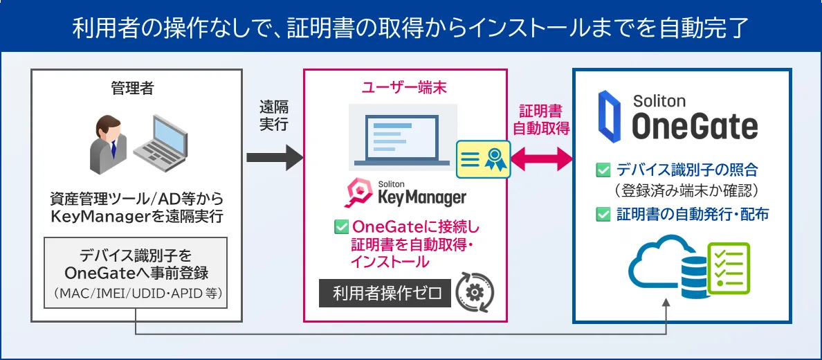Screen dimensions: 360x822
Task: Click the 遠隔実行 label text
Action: [274, 116]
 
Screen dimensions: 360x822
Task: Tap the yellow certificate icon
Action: [482, 159]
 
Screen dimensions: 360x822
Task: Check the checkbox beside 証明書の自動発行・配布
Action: [603, 215]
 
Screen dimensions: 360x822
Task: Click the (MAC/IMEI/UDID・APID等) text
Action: [136, 294]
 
